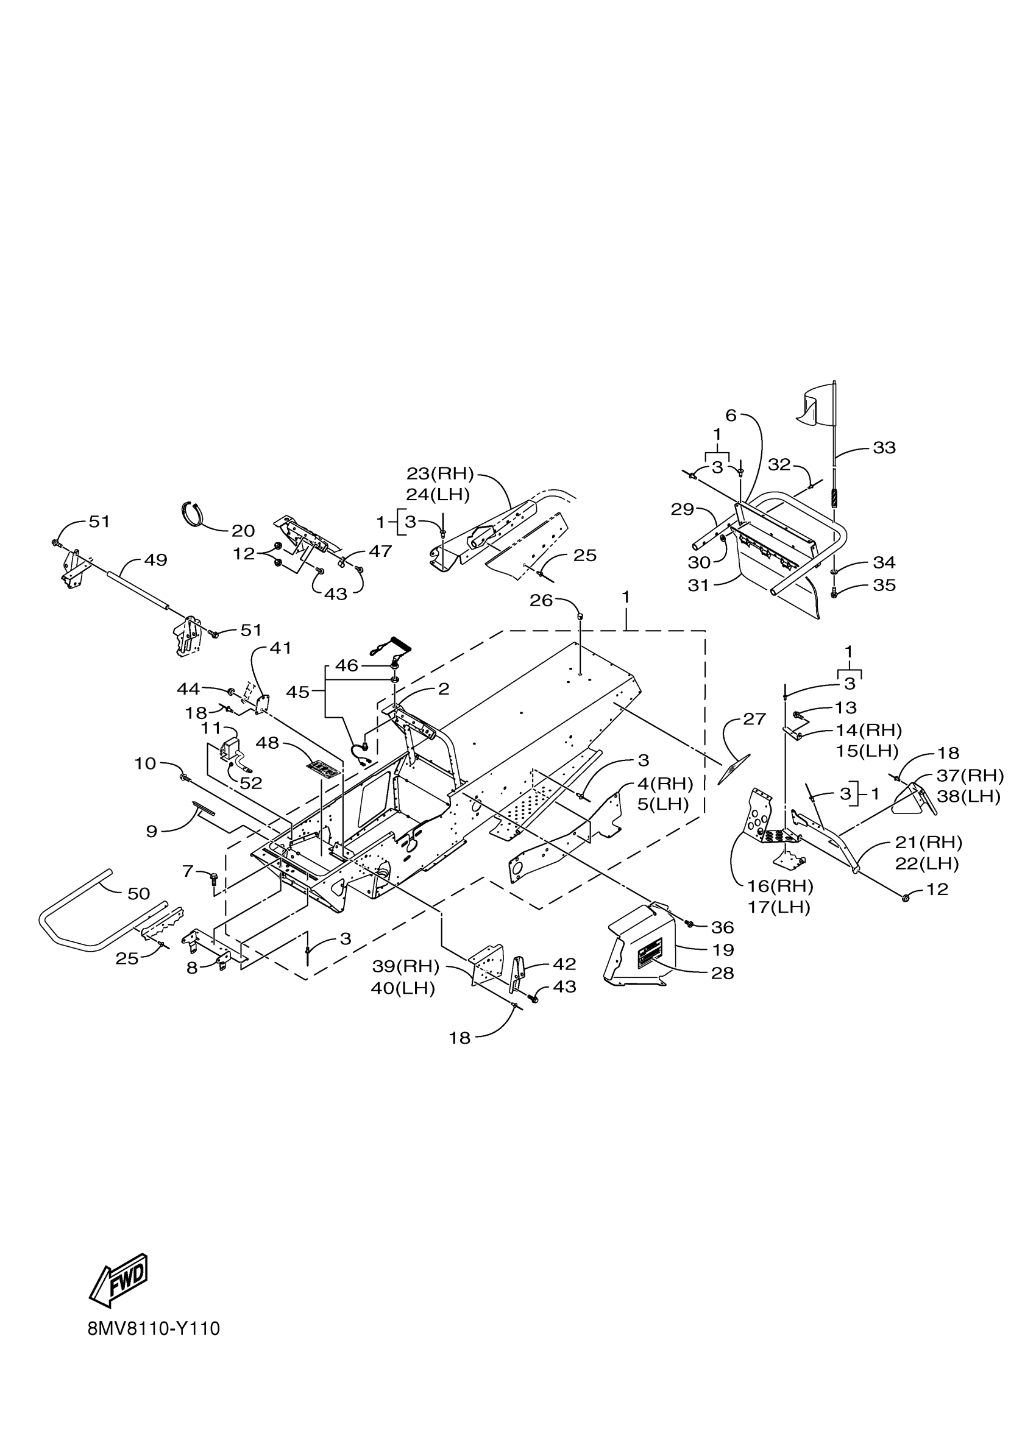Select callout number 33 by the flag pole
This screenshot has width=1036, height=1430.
pyautogui.click(x=884, y=448)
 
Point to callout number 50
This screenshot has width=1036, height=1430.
pyautogui.click(x=139, y=893)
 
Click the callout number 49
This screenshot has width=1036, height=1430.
pyautogui.click(x=156, y=560)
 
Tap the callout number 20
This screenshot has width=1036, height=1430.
pyautogui.click(x=243, y=531)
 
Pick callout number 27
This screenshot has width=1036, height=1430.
pyautogui.click(x=754, y=719)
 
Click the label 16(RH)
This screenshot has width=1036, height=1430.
pyautogui.click(x=781, y=887)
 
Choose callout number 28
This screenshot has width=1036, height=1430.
pyautogui.click(x=723, y=974)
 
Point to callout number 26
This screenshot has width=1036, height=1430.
pyautogui.click(x=541, y=600)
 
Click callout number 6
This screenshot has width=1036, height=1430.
pyautogui.click(x=731, y=416)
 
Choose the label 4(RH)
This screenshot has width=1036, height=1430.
pyautogui.click(x=665, y=784)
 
